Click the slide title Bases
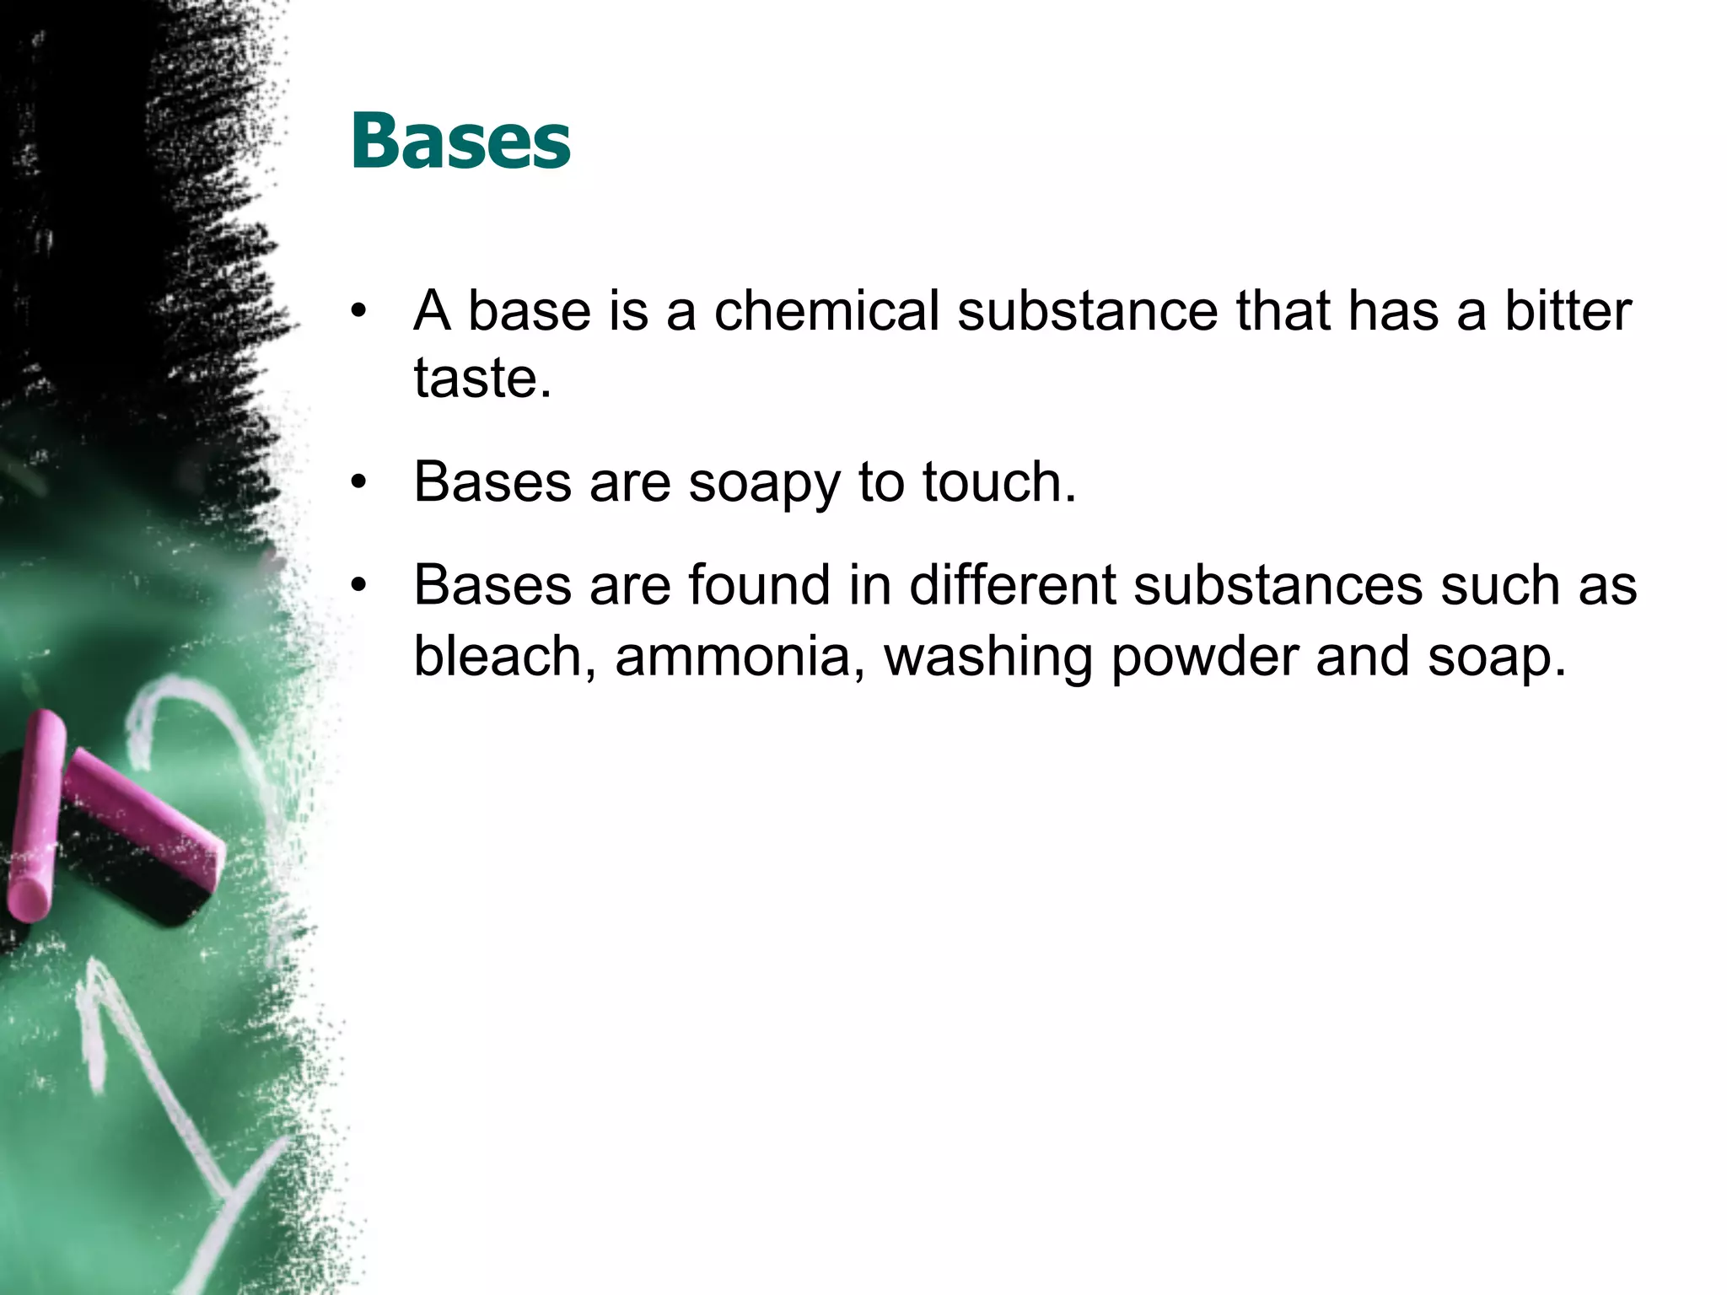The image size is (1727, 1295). point(460,141)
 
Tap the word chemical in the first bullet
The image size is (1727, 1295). point(826,310)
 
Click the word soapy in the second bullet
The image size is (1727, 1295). point(764,483)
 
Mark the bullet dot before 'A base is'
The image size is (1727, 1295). point(360,311)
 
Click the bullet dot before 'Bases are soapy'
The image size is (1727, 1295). point(360,483)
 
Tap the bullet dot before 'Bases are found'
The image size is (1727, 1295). point(360,585)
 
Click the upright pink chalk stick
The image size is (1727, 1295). point(35,814)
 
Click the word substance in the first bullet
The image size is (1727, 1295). point(1087,310)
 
